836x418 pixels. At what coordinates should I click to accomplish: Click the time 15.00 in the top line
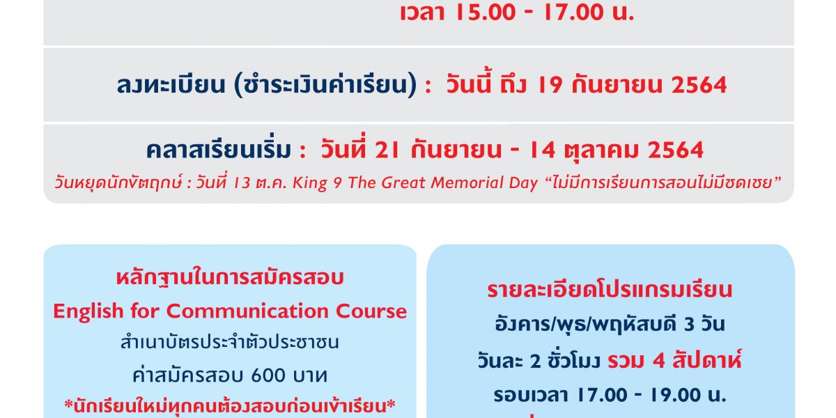tap(486, 12)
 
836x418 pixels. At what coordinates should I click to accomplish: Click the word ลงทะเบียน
tap(171, 85)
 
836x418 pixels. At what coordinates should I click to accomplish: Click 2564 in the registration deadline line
tap(699, 85)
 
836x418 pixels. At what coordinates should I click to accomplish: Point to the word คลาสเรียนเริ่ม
tap(218, 149)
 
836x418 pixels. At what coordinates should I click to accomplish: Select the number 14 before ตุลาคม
tap(543, 150)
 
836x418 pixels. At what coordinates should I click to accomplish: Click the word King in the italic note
tap(310, 183)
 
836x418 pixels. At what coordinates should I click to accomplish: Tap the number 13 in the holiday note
tap(241, 183)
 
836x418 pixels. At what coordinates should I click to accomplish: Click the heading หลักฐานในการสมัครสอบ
tap(230, 278)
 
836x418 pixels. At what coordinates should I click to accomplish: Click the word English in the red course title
tap(88, 311)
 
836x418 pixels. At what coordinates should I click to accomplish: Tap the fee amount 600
tap(268, 376)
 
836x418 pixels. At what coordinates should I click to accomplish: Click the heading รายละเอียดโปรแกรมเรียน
tap(610, 290)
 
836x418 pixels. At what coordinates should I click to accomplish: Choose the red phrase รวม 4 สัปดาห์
tap(674, 361)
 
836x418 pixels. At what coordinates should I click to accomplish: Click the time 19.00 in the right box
tap(676, 395)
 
